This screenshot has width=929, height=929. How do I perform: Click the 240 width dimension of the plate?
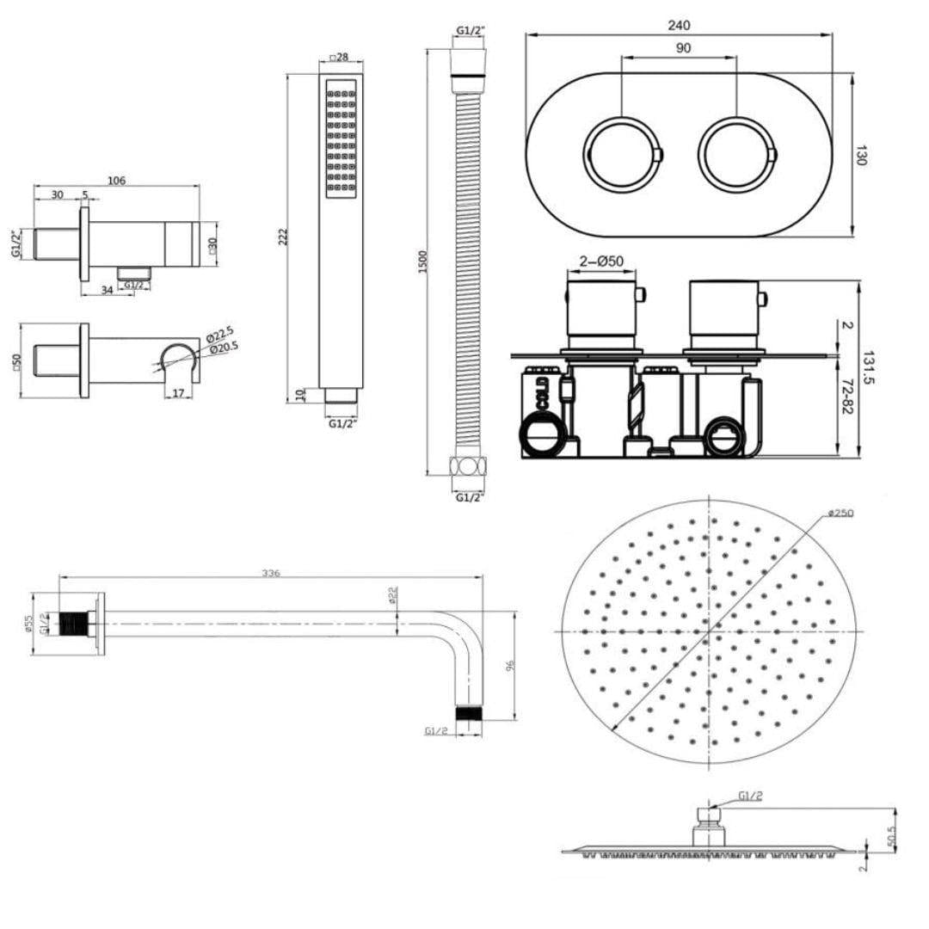[679, 26]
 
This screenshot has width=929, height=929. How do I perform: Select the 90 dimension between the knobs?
[682, 49]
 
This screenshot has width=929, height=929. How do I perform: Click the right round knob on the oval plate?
[736, 156]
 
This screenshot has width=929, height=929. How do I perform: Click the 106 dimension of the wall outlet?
[116, 180]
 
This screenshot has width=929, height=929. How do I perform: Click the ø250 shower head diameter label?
[840, 513]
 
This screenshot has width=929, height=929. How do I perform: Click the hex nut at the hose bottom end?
[468, 468]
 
